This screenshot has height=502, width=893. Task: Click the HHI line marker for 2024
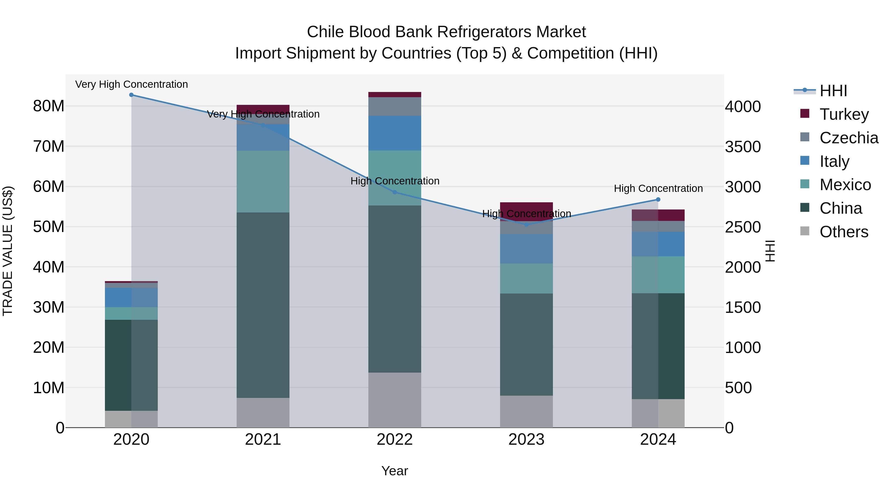[x=658, y=200]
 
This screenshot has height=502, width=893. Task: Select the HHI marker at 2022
[x=394, y=192]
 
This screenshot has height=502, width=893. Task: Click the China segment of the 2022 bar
[x=394, y=289]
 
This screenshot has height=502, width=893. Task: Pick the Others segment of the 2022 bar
[x=394, y=400]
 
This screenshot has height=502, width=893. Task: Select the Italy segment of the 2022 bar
[x=394, y=133]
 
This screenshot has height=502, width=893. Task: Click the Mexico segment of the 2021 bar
[x=263, y=181]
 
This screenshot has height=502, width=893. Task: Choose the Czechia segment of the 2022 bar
[x=394, y=106]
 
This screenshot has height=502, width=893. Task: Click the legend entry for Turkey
[x=844, y=114]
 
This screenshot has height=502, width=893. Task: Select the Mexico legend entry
[x=845, y=185]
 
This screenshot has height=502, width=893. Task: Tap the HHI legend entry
[x=833, y=91]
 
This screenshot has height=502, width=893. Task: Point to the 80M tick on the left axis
[x=49, y=106]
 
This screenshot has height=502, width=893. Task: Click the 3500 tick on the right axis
[x=743, y=147]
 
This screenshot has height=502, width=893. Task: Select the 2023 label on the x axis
[x=526, y=440]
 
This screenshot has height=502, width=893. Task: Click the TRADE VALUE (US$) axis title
[x=8, y=251]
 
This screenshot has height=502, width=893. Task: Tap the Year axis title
[x=394, y=471]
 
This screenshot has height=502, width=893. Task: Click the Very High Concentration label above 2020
[x=131, y=84]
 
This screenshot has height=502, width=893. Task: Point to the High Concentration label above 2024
[x=658, y=188]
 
